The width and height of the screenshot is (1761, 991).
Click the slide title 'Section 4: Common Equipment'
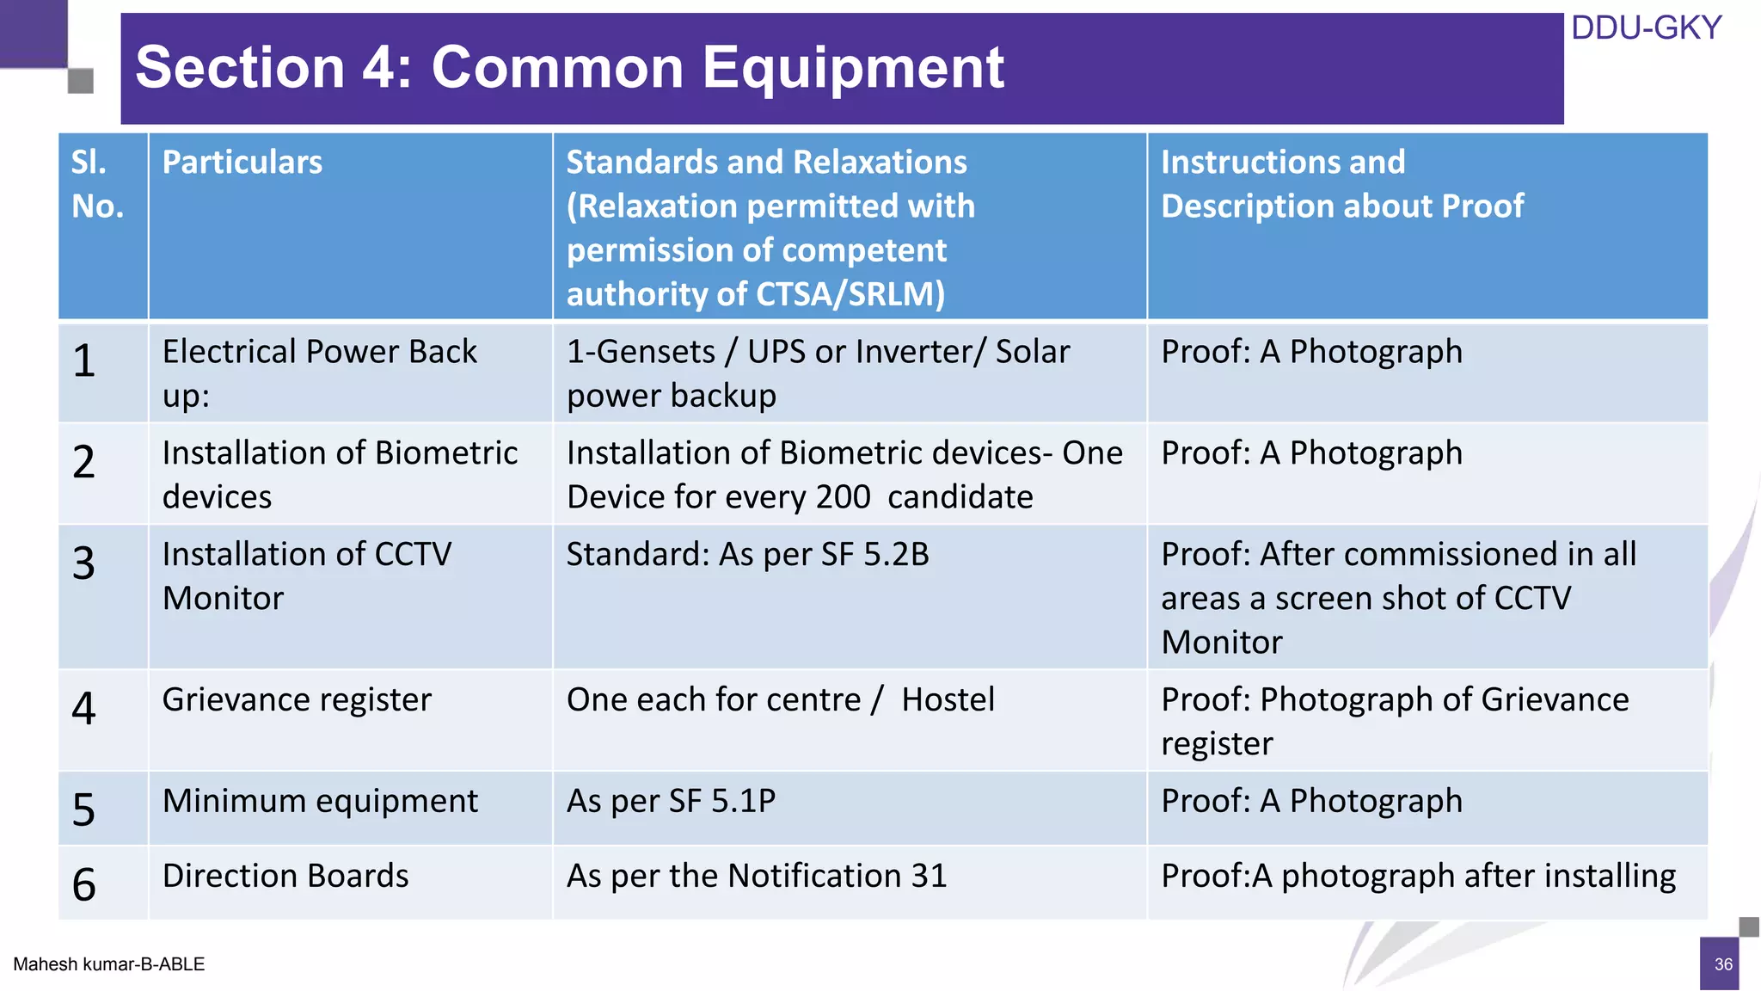pyautogui.click(x=569, y=67)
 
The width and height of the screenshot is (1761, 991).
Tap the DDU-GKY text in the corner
pyautogui.click(x=1646, y=28)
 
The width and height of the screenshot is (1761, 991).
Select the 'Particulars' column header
pyautogui.click(x=242, y=163)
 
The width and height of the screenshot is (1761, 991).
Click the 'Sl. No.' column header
pyautogui.click(x=97, y=184)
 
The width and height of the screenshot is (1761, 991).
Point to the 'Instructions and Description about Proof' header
pyautogui.click(x=1341, y=184)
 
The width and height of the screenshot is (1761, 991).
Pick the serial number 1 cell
pyautogui.click(x=84, y=361)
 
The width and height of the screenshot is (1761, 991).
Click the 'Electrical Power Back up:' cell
pyautogui.click(x=319, y=373)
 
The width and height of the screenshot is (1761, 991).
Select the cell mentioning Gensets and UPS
pyautogui.click(x=818, y=373)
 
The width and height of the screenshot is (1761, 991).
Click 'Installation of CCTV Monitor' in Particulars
pyautogui.click(x=307, y=576)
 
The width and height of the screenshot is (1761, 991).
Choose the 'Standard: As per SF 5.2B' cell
pyautogui.click(x=747, y=555)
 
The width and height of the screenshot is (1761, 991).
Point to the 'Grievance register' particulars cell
pyautogui.click(x=297, y=700)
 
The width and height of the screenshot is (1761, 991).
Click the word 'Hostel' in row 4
pyautogui.click(x=948, y=700)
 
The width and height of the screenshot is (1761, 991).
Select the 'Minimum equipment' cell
pyautogui.click(x=320, y=801)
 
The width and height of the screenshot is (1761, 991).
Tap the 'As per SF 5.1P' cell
pyautogui.click(x=671, y=801)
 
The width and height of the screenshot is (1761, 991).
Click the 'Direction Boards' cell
pyautogui.click(x=285, y=876)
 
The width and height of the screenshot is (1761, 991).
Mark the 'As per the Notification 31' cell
pyautogui.click(x=757, y=876)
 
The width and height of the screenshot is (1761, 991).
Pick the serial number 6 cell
pyautogui.click(x=84, y=884)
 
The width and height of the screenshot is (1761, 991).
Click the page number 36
pyautogui.click(x=1723, y=964)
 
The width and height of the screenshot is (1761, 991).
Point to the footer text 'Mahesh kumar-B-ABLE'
pyautogui.click(x=109, y=964)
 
